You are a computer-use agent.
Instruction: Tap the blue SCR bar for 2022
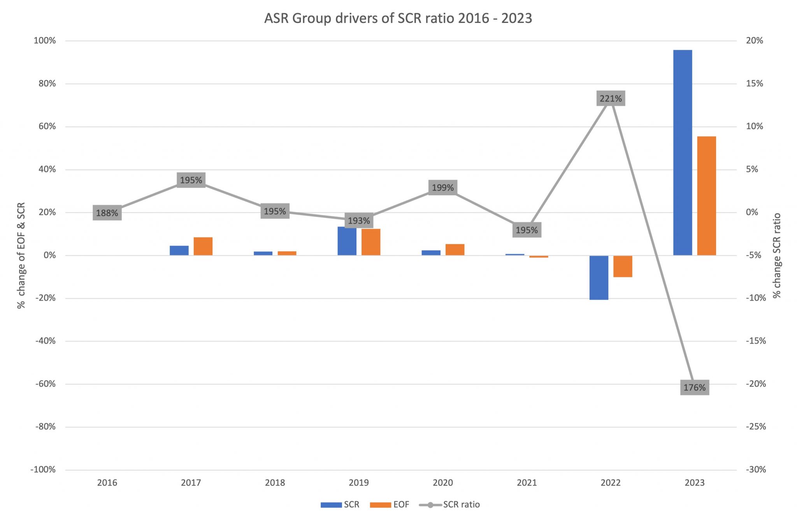pos(599,277)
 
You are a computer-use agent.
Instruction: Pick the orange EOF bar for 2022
pos(623,266)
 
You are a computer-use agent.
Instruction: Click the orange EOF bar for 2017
pos(203,246)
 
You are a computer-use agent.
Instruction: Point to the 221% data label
pos(611,98)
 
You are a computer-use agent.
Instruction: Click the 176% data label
pos(695,387)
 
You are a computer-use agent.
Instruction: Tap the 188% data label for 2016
pos(107,213)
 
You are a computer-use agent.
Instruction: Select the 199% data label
pos(443,187)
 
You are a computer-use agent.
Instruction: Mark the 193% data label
pos(359,221)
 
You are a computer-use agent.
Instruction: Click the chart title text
pos(398,18)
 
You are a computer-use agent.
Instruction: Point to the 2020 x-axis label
pos(443,483)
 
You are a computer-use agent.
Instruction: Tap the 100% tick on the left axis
pos(45,40)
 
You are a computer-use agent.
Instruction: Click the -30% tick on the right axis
pos(756,469)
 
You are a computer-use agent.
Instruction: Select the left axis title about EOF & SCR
pos(21,255)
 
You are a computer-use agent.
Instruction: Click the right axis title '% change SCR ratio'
pos(777,255)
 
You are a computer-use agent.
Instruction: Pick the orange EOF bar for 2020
pos(455,249)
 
